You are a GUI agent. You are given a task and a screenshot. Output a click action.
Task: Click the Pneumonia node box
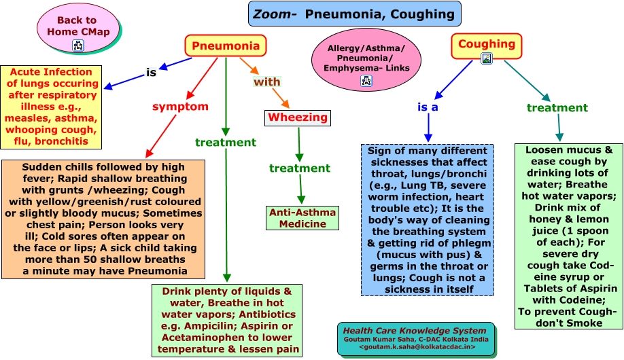(225, 46)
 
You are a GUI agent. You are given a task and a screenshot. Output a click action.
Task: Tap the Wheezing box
(298, 118)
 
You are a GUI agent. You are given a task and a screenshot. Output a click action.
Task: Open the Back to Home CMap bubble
(77, 31)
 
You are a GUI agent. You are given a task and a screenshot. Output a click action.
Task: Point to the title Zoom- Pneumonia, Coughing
(345, 14)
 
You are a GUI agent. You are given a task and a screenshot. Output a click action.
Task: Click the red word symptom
(179, 107)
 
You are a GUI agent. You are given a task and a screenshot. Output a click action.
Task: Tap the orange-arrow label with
(267, 82)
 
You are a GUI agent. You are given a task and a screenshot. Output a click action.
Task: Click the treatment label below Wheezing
(300, 168)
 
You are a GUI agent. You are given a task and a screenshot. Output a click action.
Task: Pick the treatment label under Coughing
(557, 107)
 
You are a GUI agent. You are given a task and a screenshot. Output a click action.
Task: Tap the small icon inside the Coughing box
(487, 58)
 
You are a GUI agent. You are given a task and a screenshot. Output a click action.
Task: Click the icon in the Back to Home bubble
(77, 46)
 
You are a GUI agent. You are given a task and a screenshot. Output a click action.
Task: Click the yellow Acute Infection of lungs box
(52, 107)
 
